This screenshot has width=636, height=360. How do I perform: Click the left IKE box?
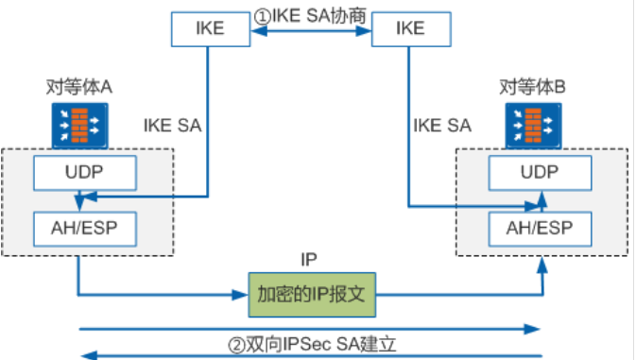click(210, 27)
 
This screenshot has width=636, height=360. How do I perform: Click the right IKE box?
click(411, 27)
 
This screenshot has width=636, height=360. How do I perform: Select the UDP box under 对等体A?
click(85, 174)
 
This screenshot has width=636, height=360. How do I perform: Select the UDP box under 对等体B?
click(540, 174)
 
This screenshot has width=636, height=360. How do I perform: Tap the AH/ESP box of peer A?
click(85, 228)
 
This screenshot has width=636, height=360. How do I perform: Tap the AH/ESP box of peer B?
click(540, 228)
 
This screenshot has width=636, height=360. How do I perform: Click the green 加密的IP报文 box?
click(313, 294)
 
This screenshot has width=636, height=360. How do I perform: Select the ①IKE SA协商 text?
click(310, 16)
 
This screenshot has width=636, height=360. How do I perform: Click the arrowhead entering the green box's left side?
click(242, 294)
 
